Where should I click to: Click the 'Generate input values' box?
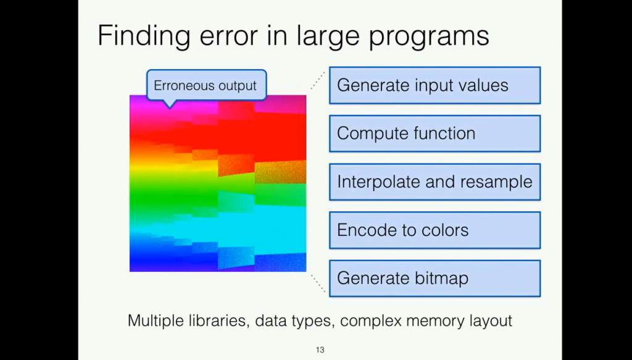pyautogui.click(x=434, y=85)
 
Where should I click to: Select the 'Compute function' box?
pyautogui.click(x=434, y=133)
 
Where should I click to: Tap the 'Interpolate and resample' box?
pyautogui.click(x=434, y=182)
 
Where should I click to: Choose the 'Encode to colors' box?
pyautogui.click(x=434, y=230)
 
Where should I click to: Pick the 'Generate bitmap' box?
pyautogui.click(x=434, y=278)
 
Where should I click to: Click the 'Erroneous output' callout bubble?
pyautogui.click(x=206, y=85)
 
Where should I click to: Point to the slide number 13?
pyautogui.click(x=320, y=350)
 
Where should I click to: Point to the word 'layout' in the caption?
pyautogui.click(x=491, y=321)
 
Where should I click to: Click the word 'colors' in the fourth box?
pyautogui.click(x=442, y=230)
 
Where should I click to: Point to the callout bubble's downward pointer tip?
pyautogui.click(x=169, y=107)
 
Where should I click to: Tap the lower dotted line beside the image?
pyautogui.click(x=318, y=283)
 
